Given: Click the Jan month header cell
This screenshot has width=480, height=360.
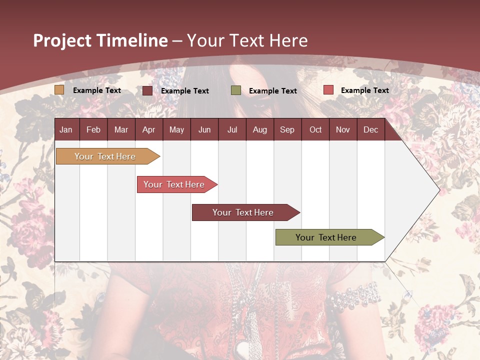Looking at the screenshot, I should pyautogui.click(x=66, y=129).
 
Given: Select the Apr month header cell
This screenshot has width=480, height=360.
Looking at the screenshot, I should pyautogui.click(x=148, y=129).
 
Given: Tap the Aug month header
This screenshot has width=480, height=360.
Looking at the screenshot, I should pyautogui.click(x=259, y=129).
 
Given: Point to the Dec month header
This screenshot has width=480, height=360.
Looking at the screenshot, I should pyautogui.click(x=370, y=129).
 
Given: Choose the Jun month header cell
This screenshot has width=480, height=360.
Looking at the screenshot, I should pyautogui.click(x=204, y=129).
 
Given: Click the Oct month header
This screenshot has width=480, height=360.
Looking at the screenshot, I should pyautogui.click(x=315, y=129).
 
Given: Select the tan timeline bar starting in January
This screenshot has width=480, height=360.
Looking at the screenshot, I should pyautogui.click(x=105, y=156).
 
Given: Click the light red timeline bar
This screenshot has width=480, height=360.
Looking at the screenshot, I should pyautogui.click(x=174, y=184).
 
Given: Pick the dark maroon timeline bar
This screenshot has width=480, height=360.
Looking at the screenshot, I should pyautogui.click(x=243, y=212).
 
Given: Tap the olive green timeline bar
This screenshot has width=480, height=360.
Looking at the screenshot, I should pyautogui.click(x=326, y=237).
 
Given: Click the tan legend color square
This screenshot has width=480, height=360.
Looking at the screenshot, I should pyautogui.click(x=59, y=90).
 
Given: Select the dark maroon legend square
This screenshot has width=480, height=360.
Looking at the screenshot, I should pyautogui.click(x=147, y=90).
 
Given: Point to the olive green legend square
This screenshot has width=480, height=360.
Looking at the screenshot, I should pyautogui.click(x=236, y=90).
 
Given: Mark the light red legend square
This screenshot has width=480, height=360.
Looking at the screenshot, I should pyautogui.click(x=328, y=90).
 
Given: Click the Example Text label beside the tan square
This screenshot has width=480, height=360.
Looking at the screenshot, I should pyautogui.click(x=97, y=90).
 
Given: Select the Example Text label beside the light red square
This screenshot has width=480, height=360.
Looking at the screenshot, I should pyautogui.click(x=365, y=90).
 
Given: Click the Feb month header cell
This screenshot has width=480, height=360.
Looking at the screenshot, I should pyautogui.click(x=93, y=129).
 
